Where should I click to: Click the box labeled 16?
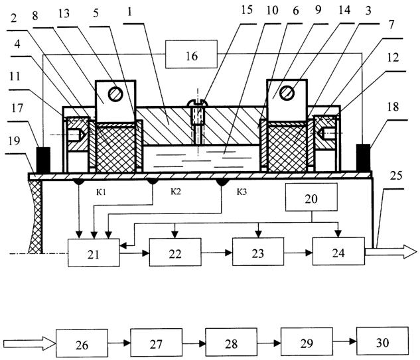point(191,54)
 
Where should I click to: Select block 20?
point(311,198)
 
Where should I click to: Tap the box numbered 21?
point(94,253)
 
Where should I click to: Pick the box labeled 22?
point(175,252)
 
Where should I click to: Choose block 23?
point(258,251)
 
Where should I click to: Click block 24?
point(338,251)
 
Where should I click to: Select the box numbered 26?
point(82,343)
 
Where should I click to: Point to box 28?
point(231,342)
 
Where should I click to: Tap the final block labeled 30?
point(382,341)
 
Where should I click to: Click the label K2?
point(176,192)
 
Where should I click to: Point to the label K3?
point(242,192)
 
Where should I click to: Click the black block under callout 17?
point(43,160)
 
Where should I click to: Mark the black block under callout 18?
point(363,158)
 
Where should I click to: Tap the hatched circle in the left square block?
point(115,93)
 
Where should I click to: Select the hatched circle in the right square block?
point(287,93)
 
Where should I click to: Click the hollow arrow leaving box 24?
point(391,252)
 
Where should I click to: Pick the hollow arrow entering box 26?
point(30,343)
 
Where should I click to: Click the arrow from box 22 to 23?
point(217,253)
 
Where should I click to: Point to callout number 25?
point(396,176)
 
